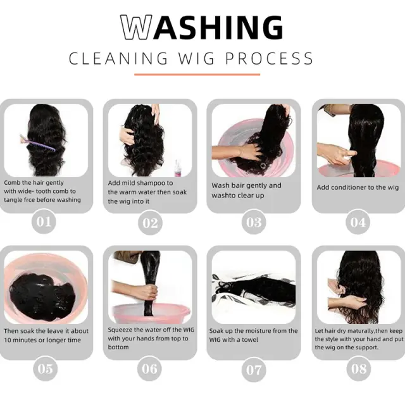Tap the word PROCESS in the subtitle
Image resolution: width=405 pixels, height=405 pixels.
[x=270, y=58]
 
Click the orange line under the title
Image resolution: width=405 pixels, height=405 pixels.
[x=197, y=75]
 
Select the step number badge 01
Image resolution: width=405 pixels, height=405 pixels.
[x=44, y=222]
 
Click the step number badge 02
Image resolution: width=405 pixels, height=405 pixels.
[x=150, y=223]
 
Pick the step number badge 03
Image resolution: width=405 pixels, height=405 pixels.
[x=254, y=222]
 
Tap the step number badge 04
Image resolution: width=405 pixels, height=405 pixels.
[x=358, y=222]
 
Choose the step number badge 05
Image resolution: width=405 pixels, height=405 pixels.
[x=45, y=368]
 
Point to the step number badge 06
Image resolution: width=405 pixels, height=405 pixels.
[x=149, y=368]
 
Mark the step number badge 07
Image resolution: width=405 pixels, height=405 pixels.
[x=254, y=370]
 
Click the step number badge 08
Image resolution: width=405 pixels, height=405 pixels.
[x=359, y=368]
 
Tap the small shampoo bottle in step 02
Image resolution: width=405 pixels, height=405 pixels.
[x=177, y=168]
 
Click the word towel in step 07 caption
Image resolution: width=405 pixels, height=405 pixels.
[x=250, y=340]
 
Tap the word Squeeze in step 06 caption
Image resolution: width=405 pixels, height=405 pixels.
[x=120, y=330]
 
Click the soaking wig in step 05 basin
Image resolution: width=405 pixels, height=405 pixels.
[x=42, y=297]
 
